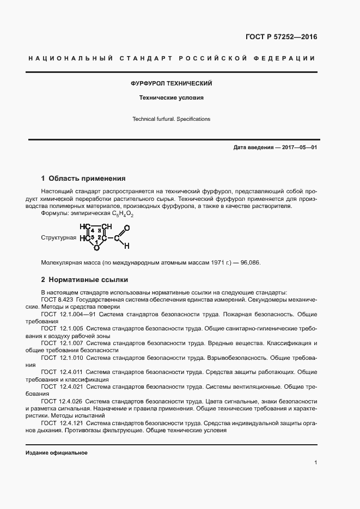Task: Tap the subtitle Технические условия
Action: tap(171, 99)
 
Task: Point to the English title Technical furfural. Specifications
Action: tap(171, 119)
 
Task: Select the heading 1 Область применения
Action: tap(83, 178)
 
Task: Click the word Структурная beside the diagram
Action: tap(58, 238)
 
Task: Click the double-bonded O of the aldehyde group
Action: tap(126, 229)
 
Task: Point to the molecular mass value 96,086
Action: tap(251, 262)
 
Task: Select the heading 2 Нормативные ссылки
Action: tap(84, 280)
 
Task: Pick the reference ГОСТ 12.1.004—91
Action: tap(66, 314)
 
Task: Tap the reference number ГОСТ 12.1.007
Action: tap(61, 344)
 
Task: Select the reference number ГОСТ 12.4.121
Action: tap(61, 423)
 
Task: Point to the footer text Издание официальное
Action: tap(57, 453)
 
